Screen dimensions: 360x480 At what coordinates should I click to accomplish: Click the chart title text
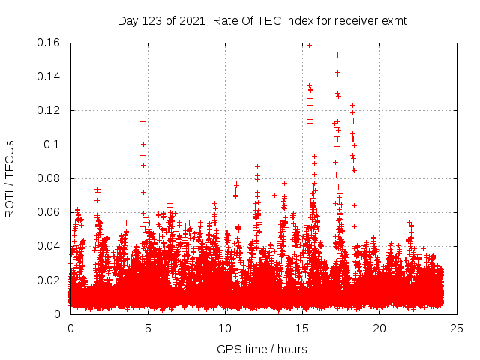point(262,20)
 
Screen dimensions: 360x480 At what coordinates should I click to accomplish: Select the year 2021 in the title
point(193,20)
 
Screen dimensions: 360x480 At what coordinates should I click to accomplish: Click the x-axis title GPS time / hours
point(262,349)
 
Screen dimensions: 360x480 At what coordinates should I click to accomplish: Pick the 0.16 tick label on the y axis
point(50,43)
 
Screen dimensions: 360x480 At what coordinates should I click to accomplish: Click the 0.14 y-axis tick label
point(50,76)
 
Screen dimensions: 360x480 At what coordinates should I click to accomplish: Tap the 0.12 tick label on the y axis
point(50,110)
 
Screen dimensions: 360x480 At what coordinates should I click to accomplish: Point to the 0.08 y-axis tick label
point(50,178)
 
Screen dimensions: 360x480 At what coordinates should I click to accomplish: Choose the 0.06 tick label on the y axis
point(50,212)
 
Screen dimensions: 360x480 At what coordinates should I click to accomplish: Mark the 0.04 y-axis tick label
point(50,246)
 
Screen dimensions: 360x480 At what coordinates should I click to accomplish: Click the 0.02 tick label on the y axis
point(50,280)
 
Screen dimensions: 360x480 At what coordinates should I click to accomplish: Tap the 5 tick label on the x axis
point(148,328)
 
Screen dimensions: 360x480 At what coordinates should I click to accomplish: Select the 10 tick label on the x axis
point(225,328)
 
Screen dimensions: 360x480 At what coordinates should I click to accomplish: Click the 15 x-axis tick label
point(302,328)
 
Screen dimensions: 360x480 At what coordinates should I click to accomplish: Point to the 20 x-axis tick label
point(379,328)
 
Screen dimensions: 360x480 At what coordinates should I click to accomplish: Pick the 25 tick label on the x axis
point(457,328)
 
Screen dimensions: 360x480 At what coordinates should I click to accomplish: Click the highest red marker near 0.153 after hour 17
point(338,55)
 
